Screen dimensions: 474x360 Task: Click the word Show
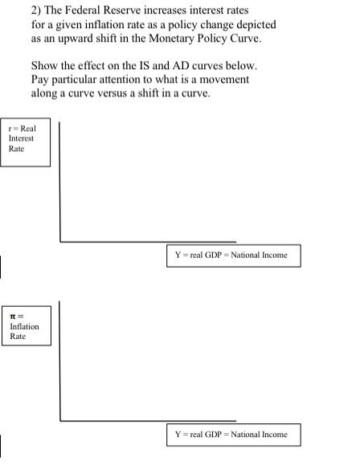click(x=45, y=64)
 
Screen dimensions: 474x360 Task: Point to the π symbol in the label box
click(x=14, y=317)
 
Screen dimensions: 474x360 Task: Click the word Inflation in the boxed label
click(x=24, y=326)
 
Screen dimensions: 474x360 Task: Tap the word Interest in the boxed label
click(x=21, y=137)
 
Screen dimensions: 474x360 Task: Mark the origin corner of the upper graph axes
click(x=60, y=240)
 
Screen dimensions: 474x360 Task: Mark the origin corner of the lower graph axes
click(x=60, y=420)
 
